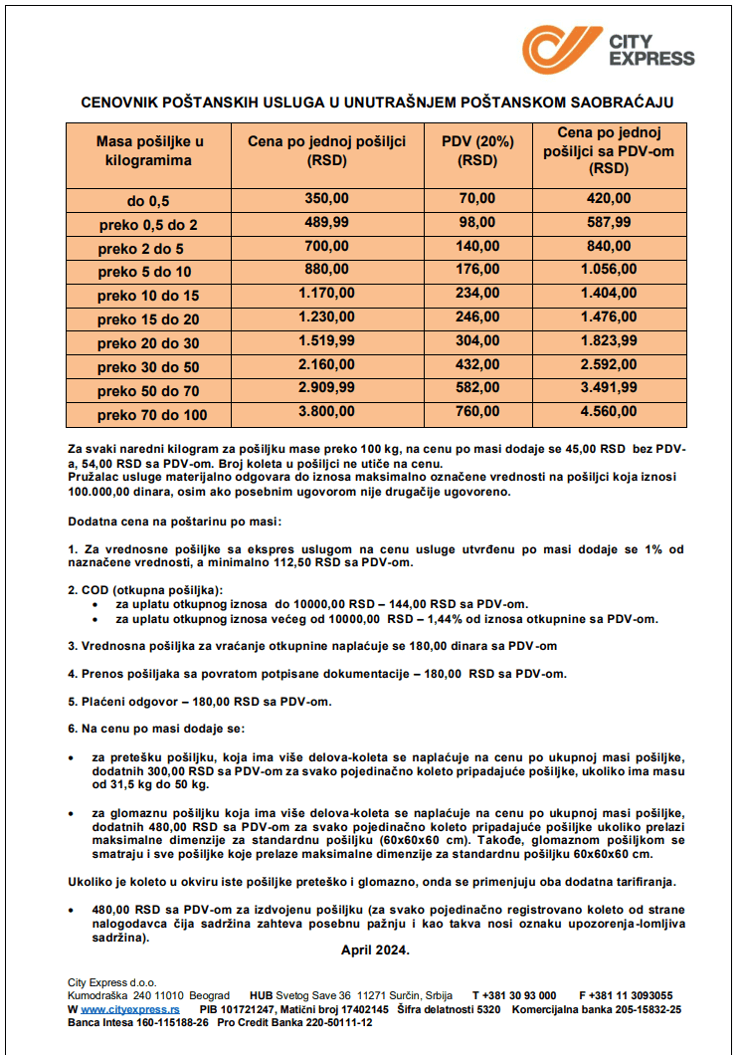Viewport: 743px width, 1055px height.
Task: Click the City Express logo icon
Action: click(562, 49)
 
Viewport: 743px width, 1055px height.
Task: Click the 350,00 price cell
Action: click(327, 199)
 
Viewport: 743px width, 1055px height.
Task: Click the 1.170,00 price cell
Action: click(327, 294)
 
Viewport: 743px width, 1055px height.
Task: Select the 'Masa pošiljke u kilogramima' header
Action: click(148, 151)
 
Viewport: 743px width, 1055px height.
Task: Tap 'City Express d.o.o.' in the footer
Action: click(112, 982)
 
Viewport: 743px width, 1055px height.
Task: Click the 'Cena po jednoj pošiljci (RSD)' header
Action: click(327, 151)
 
